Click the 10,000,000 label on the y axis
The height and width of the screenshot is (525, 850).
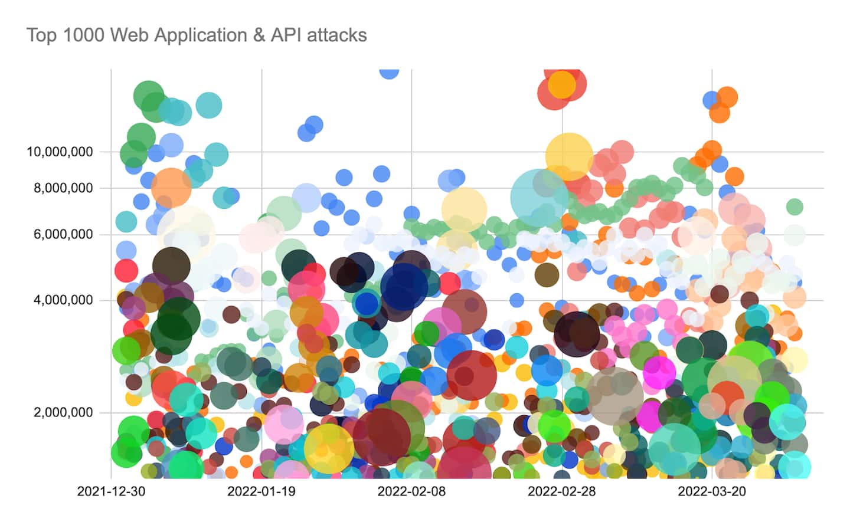(x=60, y=152)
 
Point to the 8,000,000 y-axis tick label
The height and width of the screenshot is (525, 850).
(x=63, y=188)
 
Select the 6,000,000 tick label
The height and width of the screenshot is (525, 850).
(x=63, y=235)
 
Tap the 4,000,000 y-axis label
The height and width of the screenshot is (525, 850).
(x=63, y=300)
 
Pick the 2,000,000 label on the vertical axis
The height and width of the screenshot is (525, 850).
(x=63, y=412)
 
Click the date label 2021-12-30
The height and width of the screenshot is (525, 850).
(x=111, y=491)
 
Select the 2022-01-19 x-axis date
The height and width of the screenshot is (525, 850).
(x=261, y=491)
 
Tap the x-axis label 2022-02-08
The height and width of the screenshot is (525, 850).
(x=411, y=491)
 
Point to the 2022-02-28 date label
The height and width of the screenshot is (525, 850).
(x=561, y=491)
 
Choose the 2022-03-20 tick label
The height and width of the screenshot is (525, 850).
(x=712, y=491)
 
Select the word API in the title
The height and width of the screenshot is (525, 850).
(x=286, y=35)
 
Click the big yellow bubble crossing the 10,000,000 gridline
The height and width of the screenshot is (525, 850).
(x=569, y=156)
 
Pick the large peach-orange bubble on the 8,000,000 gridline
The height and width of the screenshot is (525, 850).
(x=171, y=187)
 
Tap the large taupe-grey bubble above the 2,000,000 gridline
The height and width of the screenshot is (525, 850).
(x=615, y=396)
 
